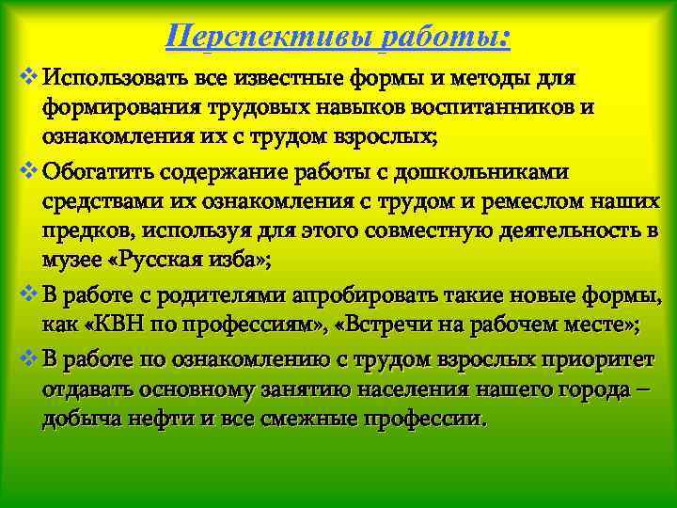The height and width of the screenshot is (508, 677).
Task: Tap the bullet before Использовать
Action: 25,74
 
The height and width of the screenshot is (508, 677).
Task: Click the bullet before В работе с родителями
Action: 25,298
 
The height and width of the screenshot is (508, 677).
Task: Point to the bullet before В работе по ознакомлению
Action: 25,358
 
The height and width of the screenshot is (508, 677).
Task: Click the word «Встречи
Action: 387,327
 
